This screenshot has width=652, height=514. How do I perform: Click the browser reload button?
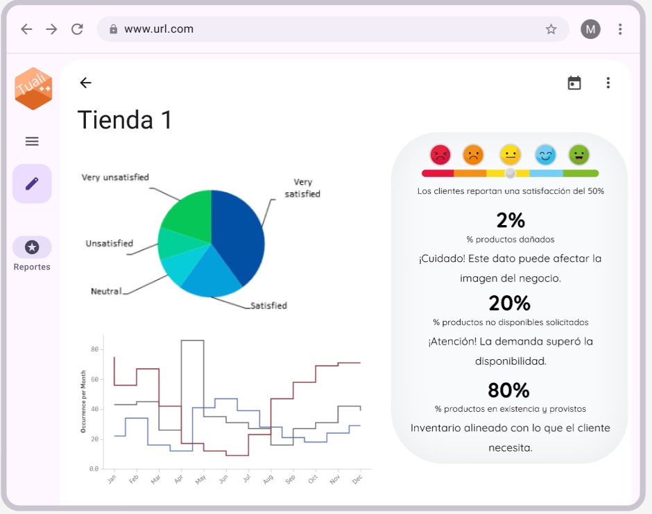pyautogui.click(x=77, y=29)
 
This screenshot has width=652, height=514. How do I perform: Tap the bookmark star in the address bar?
pyautogui.click(x=551, y=29)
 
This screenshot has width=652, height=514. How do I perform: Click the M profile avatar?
pyautogui.click(x=590, y=29)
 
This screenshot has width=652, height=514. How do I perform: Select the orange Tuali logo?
pyautogui.click(x=33, y=89)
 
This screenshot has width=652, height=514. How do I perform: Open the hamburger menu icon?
pyautogui.click(x=32, y=142)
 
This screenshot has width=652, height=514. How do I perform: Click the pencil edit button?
pyautogui.click(x=32, y=183)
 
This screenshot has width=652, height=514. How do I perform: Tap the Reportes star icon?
pyautogui.click(x=32, y=247)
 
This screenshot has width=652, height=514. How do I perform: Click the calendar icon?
pyautogui.click(x=574, y=83)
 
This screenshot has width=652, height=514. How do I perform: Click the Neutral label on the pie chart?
pyautogui.click(x=106, y=291)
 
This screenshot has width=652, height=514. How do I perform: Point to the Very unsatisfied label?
pyautogui.click(x=115, y=178)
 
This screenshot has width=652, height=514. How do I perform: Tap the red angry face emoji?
pyautogui.click(x=440, y=154)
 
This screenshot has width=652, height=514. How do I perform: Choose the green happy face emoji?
pyautogui.click(x=579, y=154)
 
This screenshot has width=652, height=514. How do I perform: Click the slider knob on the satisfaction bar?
pyautogui.click(x=511, y=173)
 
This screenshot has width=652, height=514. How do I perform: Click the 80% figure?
pyautogui.click(x=508, y=390)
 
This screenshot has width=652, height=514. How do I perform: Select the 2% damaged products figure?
pyautogui.click(x=511, y=220)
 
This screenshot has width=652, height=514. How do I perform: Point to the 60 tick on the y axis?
pyautogui.click(x=94, y=379)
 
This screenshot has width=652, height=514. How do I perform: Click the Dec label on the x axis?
pyautogui.click(x=358, y=479)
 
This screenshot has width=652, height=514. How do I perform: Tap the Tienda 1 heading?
pyautogui.click(x=125, y=119)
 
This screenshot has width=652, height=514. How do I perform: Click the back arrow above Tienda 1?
pyautogui.click(x=85, y=83)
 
